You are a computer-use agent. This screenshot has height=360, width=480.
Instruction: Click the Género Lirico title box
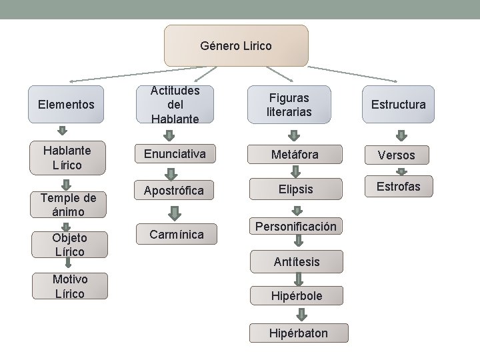coord(236,46)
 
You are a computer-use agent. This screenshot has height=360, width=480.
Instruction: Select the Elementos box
coord(67,105)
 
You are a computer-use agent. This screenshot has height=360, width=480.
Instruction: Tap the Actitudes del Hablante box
coord(175,105)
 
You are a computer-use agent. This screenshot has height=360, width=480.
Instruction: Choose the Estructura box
coord(398,105)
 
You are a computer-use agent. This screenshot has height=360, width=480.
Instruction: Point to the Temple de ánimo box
coord(67,204)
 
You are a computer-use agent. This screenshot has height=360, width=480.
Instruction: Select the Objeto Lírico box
coord(69,245)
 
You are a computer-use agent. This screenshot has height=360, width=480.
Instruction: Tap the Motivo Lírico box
coord(69,286)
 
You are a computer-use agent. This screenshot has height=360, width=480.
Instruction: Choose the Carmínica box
coord(177,234)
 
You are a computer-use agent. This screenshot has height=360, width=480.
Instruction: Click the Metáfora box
coord(294,155)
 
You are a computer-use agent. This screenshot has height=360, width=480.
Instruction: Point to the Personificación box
coord(295,227)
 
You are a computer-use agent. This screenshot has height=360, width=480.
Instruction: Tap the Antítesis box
coord(296,262)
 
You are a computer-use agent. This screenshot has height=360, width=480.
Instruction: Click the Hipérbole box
coord(296,295)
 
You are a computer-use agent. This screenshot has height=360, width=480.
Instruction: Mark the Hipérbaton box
coord(298,333)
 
